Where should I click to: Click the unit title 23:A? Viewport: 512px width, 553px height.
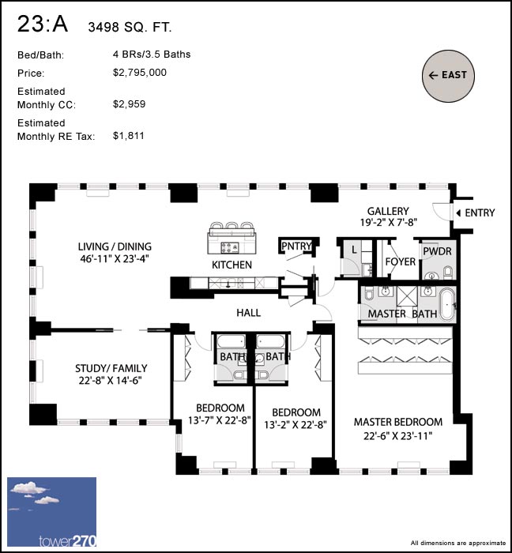[x=43, y=25]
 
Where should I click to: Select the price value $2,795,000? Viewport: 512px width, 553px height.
[x=140, y=73]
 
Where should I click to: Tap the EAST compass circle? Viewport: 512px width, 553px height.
[x=448, y=75]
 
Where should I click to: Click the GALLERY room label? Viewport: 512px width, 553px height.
[x=388, y=212]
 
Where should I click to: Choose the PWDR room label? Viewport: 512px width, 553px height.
[x=435, y=250]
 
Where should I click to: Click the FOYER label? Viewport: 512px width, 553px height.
[x=400, y=262]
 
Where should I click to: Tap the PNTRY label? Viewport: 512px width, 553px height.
[x=296, y=246]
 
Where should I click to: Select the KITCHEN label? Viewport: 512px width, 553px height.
[x=232, y=265]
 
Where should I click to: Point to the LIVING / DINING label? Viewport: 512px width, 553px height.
[x=115, y=246]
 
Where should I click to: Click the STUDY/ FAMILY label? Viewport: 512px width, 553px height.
[x=111, y=368]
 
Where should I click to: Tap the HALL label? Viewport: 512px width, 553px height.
[x=248, y=313]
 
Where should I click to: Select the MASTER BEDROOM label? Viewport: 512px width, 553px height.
[x=393, y=422]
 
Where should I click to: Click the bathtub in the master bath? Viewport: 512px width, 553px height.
[x=447, y=304]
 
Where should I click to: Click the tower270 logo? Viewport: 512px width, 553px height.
[x=51, y=513]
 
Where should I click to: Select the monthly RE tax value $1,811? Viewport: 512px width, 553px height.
[x=130, y=136]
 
